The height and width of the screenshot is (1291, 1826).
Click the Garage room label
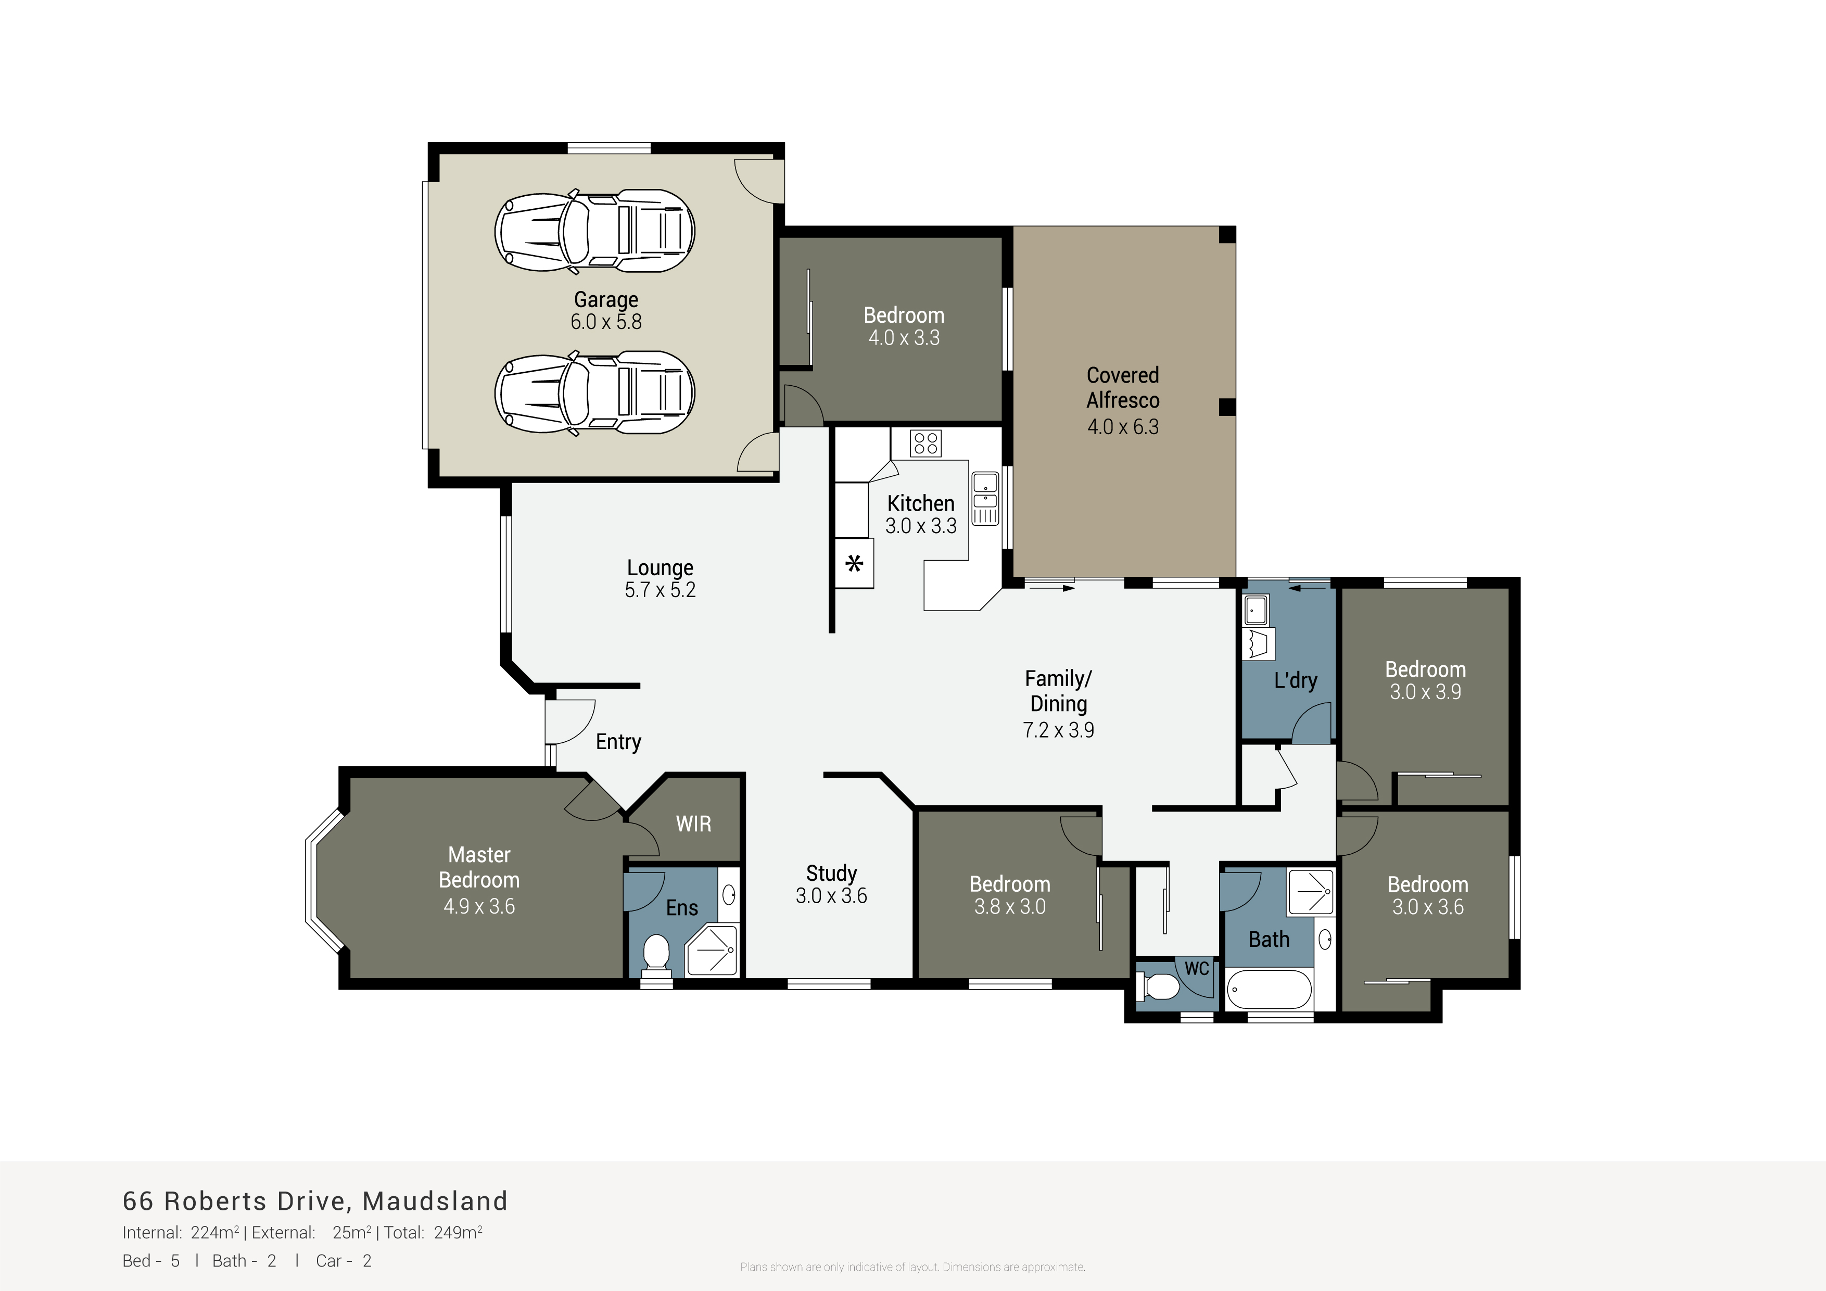[606, 300]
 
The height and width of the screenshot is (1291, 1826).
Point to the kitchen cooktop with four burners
[925, 443]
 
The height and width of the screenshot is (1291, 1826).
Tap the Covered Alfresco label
[1123, 387]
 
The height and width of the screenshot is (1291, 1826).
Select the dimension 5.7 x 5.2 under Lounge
[660, 590]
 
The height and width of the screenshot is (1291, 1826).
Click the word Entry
[618, 742]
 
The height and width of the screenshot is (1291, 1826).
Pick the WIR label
[693, 824]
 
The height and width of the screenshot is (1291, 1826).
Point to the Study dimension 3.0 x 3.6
[831, 896]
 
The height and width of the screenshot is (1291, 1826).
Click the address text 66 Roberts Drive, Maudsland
[315, 1200]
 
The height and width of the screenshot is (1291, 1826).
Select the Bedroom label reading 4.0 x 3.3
[904, 326]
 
